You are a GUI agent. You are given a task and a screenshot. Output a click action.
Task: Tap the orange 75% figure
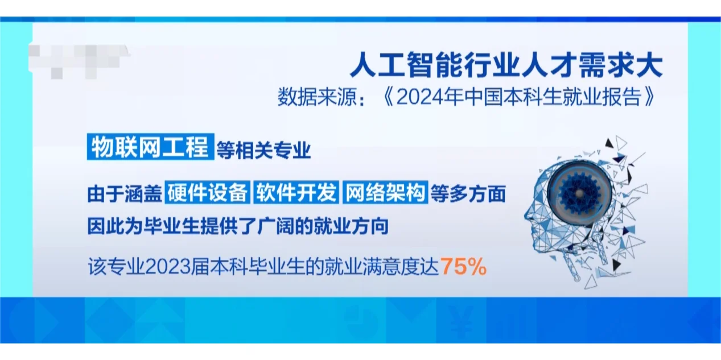click(463, 267)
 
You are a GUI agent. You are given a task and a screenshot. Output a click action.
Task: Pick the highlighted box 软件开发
click(295, 193)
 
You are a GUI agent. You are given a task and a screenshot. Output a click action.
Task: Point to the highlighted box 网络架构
click(384, 193)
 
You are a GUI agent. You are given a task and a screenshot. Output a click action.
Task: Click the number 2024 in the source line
click(417, 97)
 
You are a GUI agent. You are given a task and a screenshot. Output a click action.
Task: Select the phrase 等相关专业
click(263, 151)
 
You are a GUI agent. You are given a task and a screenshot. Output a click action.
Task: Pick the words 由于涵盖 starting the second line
click(124, 195)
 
